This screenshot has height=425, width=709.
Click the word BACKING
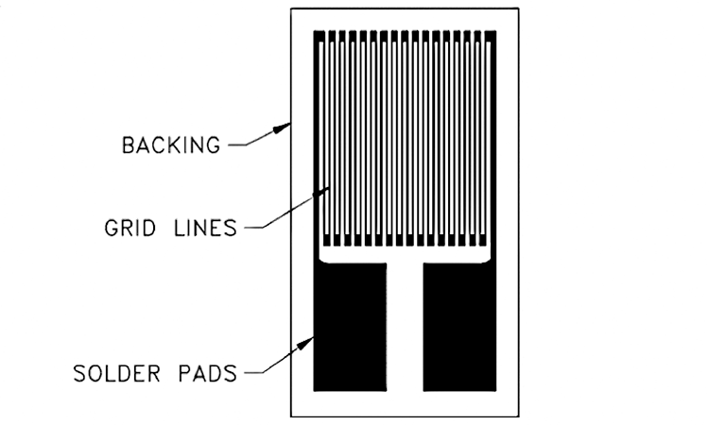tap(171, 145)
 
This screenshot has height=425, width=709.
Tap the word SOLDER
tap(116, 373)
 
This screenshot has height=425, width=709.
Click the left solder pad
tap(350, 327)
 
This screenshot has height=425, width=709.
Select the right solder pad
tap(459, 327)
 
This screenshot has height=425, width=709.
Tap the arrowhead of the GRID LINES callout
tap(321, 192)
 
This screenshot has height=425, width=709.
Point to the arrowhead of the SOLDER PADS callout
tap(305, 343)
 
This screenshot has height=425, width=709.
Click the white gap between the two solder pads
tap(405, 327)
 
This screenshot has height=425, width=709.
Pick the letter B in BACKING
tap(129, 145)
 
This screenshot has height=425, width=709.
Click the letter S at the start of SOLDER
tap(79, 373)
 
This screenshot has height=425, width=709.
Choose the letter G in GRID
tap(111, 228)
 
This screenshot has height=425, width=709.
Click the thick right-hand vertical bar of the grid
tap(493, 144)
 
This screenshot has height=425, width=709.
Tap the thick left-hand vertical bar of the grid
tap(317, 144)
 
